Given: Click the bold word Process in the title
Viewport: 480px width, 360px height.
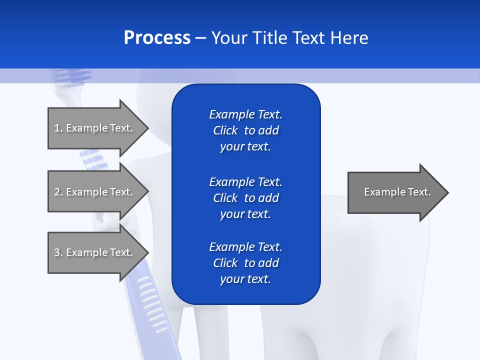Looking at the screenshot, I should click(157, 38).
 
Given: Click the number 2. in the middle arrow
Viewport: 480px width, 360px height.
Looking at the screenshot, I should click(58, 192).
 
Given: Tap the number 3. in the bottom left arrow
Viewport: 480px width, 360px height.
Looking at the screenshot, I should click(58, 252).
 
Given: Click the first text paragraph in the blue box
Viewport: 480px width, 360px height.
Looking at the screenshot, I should click(245, 130).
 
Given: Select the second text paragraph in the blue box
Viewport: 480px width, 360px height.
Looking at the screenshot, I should click(245, 197).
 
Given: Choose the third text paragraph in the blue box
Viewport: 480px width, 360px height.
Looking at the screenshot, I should click(245, 263).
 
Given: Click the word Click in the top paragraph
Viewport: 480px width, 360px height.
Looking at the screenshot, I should click(225, 130).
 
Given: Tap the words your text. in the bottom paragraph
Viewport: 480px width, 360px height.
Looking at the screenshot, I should click(245, 279).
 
